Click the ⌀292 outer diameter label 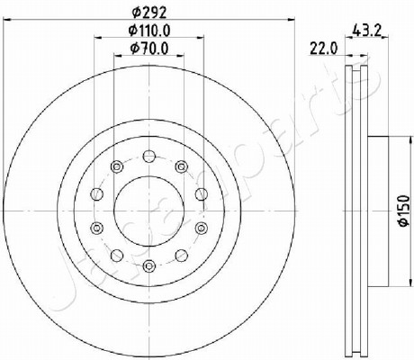149,13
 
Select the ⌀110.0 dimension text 149,31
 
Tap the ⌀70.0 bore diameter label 149,49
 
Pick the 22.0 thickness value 323,49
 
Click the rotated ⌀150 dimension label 404,211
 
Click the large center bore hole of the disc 149,211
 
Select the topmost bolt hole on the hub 149,156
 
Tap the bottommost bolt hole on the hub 149,265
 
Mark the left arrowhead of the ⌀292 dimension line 6,20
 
